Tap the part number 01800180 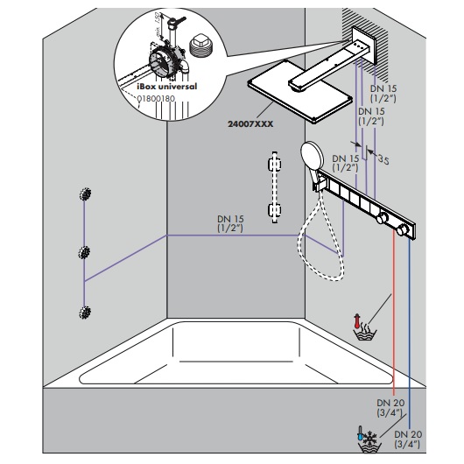[156, 99]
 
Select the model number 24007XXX [251, 124]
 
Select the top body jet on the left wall [86, 194]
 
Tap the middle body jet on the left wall [86, 253]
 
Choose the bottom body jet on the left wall [86, 311]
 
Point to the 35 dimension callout [383, 160]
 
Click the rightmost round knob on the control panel [404, 231]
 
